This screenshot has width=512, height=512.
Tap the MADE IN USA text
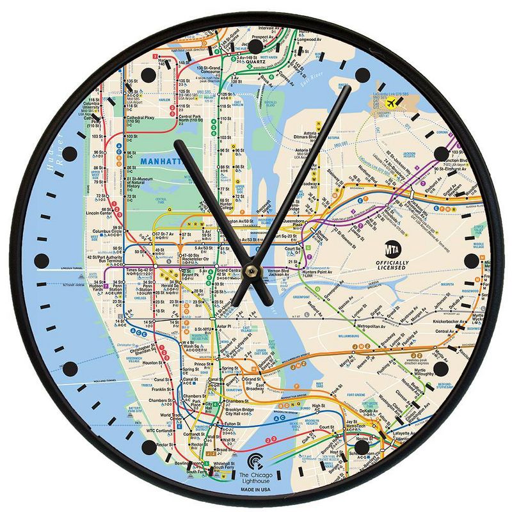[255, 490]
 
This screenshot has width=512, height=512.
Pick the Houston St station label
[152, 363]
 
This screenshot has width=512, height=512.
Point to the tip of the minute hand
[349, 87]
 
